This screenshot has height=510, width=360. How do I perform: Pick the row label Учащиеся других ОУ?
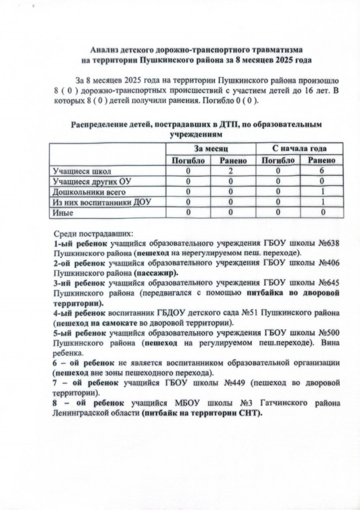pyautogui.click(x=92, y=181)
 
